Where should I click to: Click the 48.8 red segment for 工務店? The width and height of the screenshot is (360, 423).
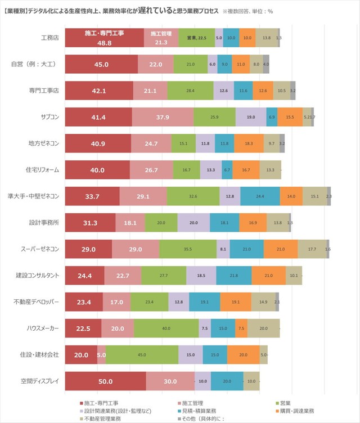[x=105, y=38]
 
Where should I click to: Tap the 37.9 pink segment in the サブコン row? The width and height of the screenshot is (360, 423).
[x=163, y=117]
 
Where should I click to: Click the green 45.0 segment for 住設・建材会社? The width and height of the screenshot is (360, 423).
[x=142, y=355]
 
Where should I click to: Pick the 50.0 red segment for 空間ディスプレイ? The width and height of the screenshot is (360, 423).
[x=105, y=381]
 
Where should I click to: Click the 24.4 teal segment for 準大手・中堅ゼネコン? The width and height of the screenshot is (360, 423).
[x=260, y=196]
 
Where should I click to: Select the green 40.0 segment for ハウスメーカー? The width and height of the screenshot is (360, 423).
[x=166, y=328]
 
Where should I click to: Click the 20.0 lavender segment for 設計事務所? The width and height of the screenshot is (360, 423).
[x=193, y=223]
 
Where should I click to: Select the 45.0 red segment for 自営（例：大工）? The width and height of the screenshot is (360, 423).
[x=101, y=64]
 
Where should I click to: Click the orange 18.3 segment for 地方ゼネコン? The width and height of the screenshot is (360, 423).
[x=249, y=143]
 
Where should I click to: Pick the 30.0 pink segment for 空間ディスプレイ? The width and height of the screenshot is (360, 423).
[x=170, y=381]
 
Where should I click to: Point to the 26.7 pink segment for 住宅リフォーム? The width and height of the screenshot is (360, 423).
[x=151, y=170]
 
